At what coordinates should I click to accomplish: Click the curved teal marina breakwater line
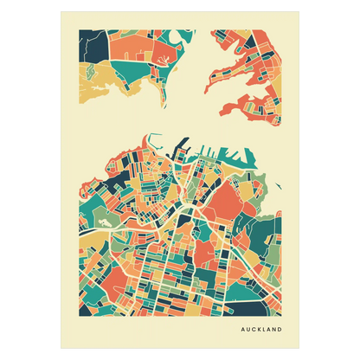155,139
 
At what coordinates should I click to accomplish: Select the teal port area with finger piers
238,157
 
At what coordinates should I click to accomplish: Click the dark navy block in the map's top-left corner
87,43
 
